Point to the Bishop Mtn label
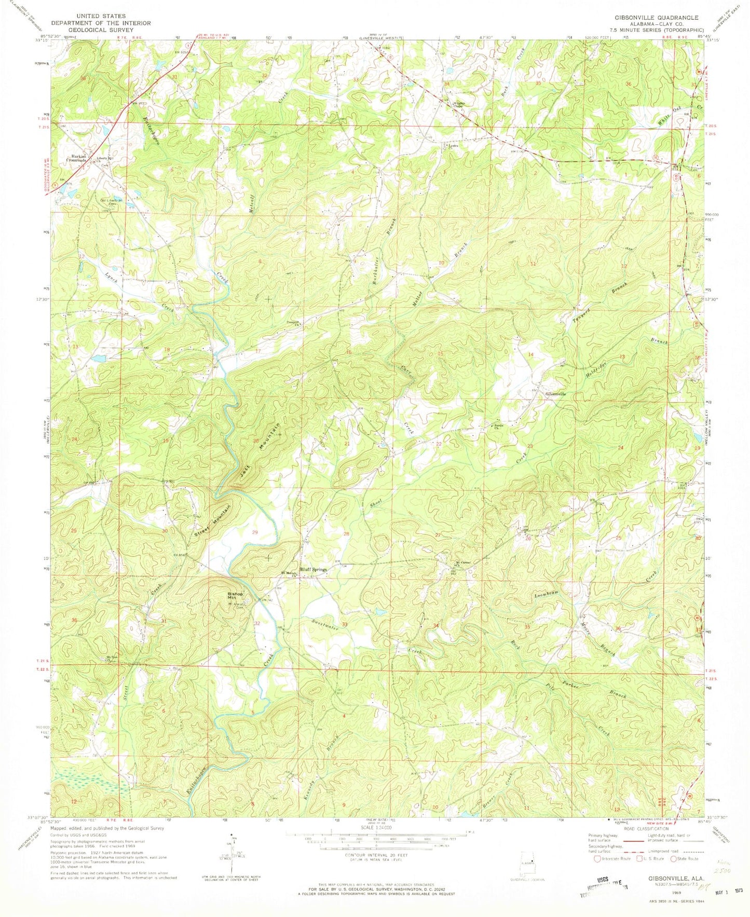[235, 596]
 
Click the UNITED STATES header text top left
[101, 16]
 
